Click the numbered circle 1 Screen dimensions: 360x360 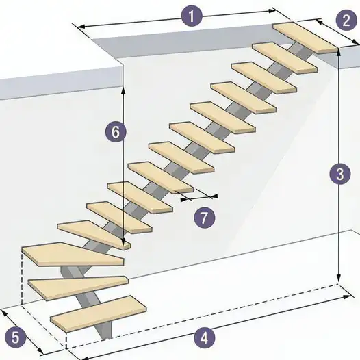pyautogui.click(x=191, y=16)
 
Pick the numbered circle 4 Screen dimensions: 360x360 pyautogui.click(x=203, y=337)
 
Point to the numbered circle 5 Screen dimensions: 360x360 pyautogui.click(x=16, y=337)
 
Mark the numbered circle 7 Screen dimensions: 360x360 pyautogui.click(x=204, y=218)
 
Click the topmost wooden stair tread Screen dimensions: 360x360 pyautogui.click(x=306, y=37)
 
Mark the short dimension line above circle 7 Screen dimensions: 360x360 pyautogui.click(x=199, y=198)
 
